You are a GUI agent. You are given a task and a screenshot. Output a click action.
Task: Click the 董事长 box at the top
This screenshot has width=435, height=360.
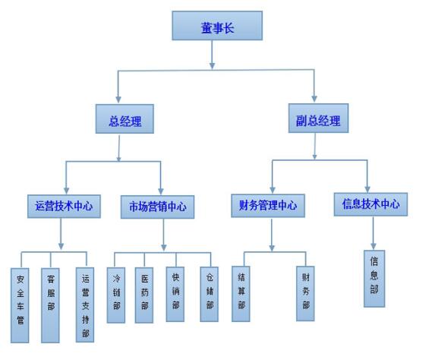pyautogui.click(x=217, y=26)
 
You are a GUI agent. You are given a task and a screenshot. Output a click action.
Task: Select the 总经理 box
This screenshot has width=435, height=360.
pyautogui.click(x=125, y=118)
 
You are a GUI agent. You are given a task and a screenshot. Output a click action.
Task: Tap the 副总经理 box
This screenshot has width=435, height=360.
pyautogui.click(x=318, y=118)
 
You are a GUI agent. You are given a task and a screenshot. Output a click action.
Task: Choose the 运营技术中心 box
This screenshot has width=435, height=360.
pyautogui.click(x=64, y=207)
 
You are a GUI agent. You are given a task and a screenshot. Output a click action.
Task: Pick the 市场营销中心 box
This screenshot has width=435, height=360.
pyautogui.click(x=157, y=207)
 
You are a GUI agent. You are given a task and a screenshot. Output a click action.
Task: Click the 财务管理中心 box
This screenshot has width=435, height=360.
pyautogui.click(x=268, y=206)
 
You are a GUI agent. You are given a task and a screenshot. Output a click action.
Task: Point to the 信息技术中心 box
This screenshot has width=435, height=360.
pyautogui.click(x=370, y=204)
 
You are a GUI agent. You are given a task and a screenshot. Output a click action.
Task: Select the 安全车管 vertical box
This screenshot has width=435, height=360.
pyautogui.click(x=20, y=305)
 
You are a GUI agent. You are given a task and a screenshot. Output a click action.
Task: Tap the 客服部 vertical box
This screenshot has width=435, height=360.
pyautogui.click(x=50, y=305)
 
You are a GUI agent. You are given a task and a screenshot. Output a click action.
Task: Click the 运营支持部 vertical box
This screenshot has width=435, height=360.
pyautogui.click(x=85, y=305)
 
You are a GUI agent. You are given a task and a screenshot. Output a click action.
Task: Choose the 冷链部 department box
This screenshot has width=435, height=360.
pyautogui.click(x=116, y=295)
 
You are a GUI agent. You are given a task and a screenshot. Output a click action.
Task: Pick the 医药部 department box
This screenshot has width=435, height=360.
pyautogui.click(x=144, y=295)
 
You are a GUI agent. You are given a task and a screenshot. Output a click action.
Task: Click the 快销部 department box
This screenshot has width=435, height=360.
pyautogui.click(x=175, y=294)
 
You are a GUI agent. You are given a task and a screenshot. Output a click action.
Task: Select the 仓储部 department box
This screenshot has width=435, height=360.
pyautogui.click(x=210, y=294)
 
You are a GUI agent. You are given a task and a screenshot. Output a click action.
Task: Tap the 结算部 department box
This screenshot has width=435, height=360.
pyautogui.click(x=241, y=294)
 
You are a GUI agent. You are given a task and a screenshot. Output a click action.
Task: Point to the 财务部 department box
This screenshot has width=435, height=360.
pyautogui.click(x=305, y=294)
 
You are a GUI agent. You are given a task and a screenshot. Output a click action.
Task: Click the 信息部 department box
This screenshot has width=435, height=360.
pyautogui.click(x=374, y=279)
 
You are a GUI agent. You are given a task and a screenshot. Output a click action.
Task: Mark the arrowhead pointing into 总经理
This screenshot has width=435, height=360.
pyautogui.click(x=118, y=100)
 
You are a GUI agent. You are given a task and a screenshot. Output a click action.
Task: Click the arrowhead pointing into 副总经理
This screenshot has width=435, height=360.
pyautogui.click(x=314, y=99)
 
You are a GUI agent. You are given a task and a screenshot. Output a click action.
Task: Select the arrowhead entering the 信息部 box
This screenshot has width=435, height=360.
pyautogui.click(x=374, y=246)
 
